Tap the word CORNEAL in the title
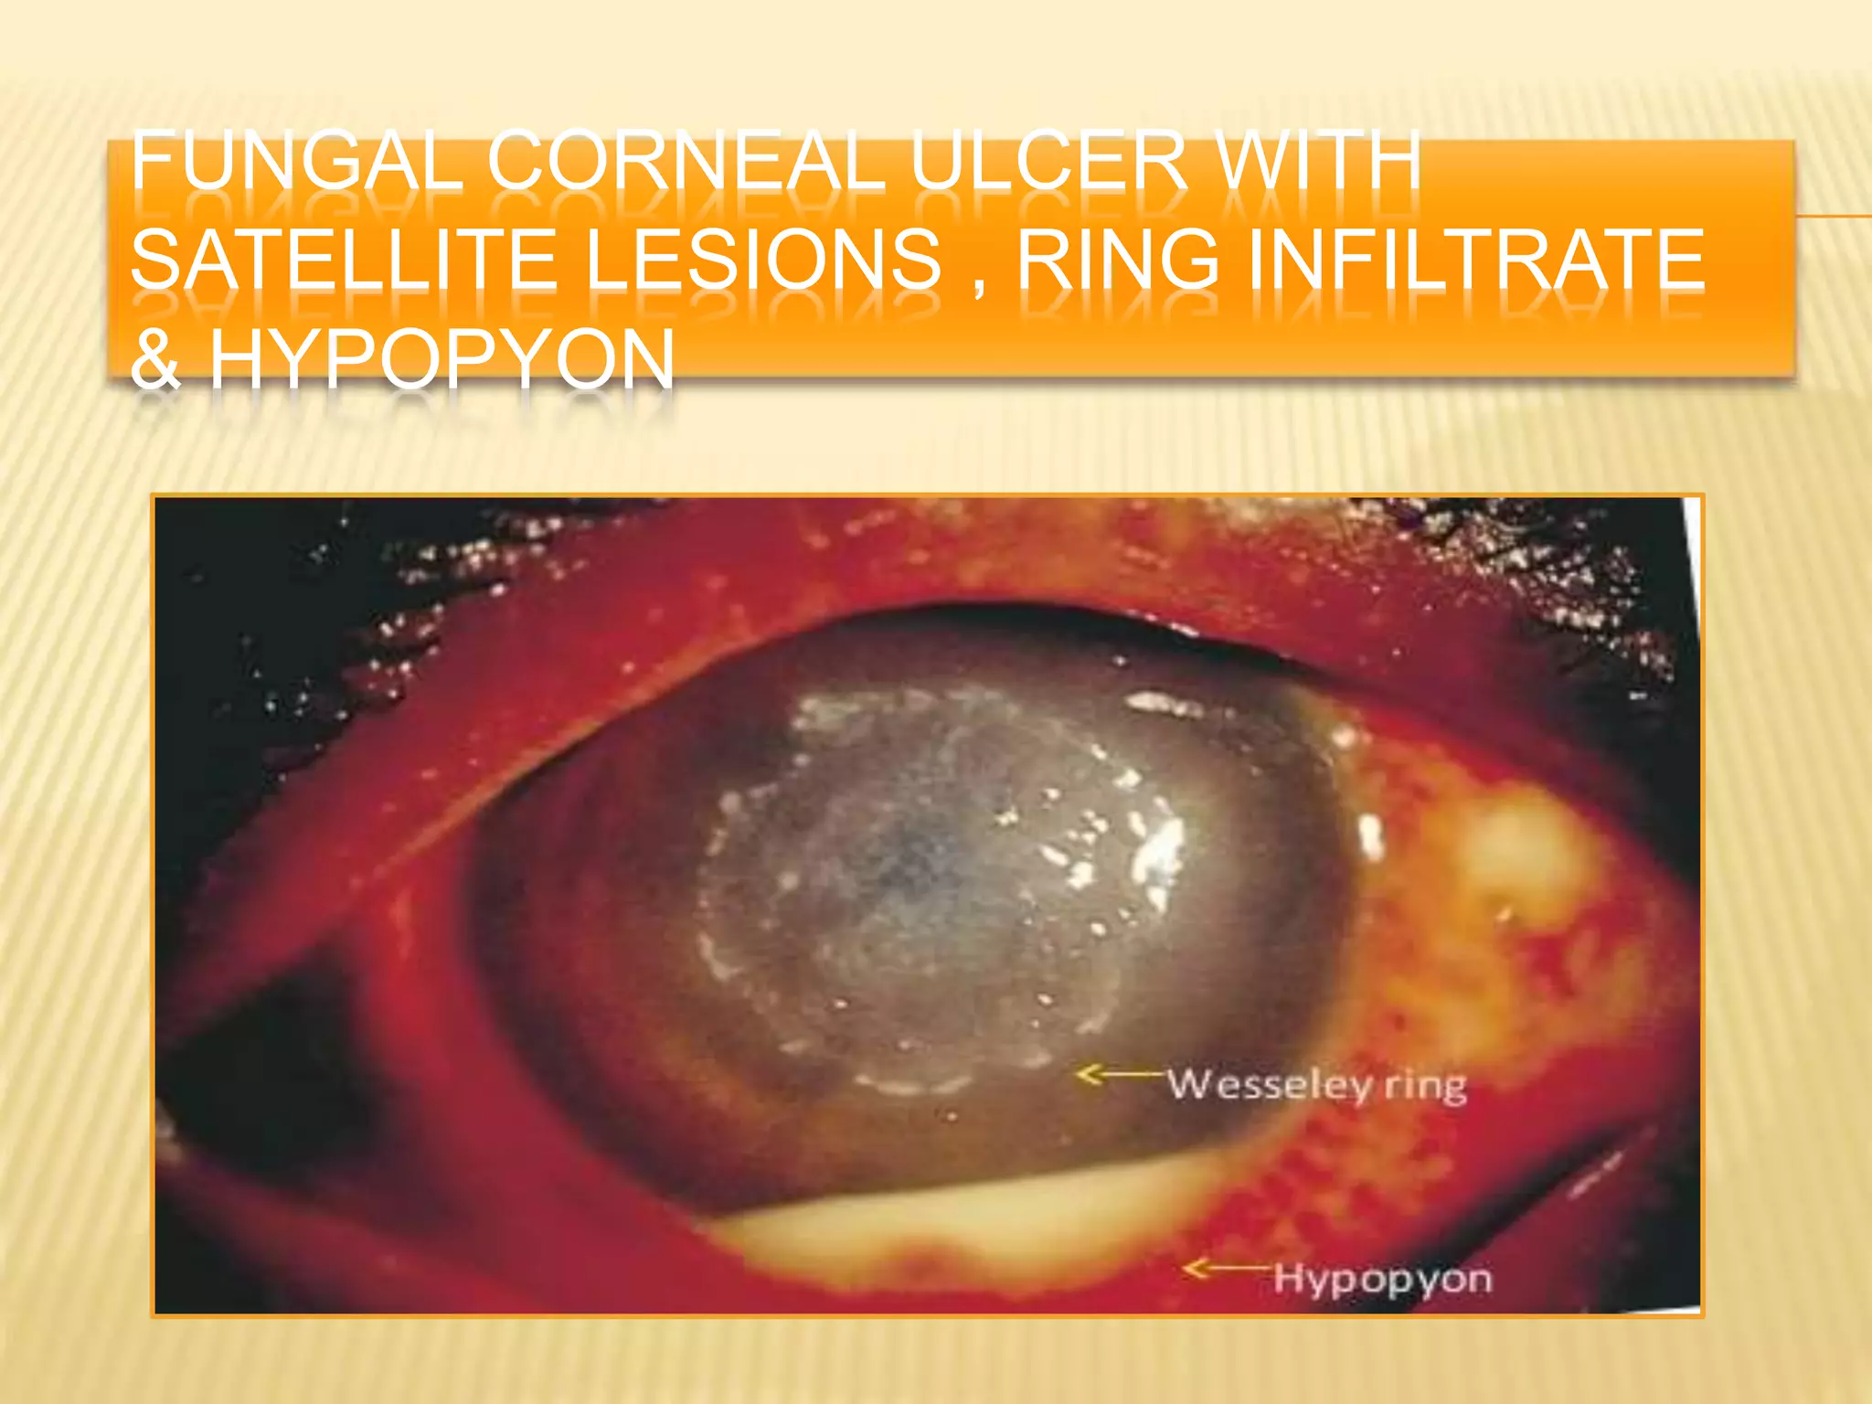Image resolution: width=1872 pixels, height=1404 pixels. click(x=686, y=162)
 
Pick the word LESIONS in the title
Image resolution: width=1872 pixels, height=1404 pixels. click(x=763, y=261)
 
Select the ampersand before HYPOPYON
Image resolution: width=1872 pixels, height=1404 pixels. click(x=155, y=358)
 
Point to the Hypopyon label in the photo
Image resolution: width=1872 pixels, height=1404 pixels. click(x=1382, y=1279)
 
